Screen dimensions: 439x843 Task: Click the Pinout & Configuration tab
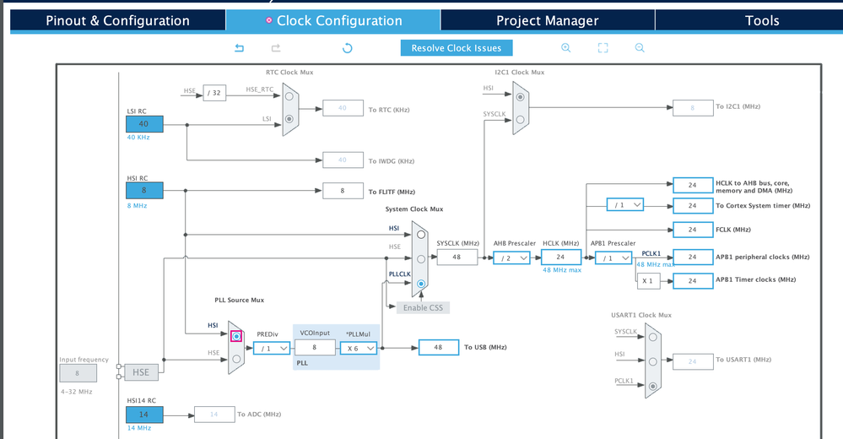tap(117, 20)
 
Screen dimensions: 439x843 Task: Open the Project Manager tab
tap(547, 20)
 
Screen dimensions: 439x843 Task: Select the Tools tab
tap(762, 20)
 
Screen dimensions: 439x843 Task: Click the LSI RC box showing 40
tap(143, 123)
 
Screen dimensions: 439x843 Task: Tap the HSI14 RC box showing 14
tap(143, 415)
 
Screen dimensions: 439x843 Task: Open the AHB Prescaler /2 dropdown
tap(511, 257)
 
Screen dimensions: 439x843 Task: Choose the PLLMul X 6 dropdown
tap(358, 347)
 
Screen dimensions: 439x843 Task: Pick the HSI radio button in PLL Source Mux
tap(236, 336)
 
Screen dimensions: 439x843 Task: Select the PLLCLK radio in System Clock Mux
tap(421, 285)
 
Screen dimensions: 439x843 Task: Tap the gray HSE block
tap(141, 372)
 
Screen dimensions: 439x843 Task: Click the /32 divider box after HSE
tap(214, 93)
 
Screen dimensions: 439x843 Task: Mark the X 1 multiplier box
tap(648, 280)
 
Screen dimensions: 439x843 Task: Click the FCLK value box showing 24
tap(691, 230)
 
